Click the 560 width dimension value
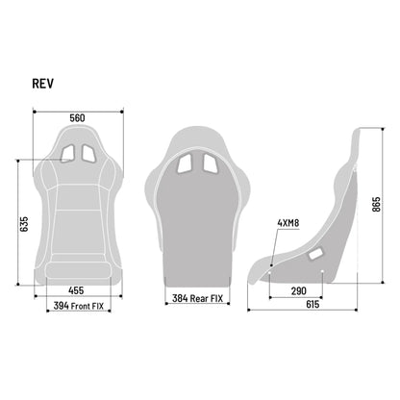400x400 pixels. (x=77, y=118)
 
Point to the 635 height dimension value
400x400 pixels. (x=24, y=224)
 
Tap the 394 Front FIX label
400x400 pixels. (x=78, y=306)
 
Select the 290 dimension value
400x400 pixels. (x=298, y=289)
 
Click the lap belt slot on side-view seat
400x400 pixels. (x=317, y=254)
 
